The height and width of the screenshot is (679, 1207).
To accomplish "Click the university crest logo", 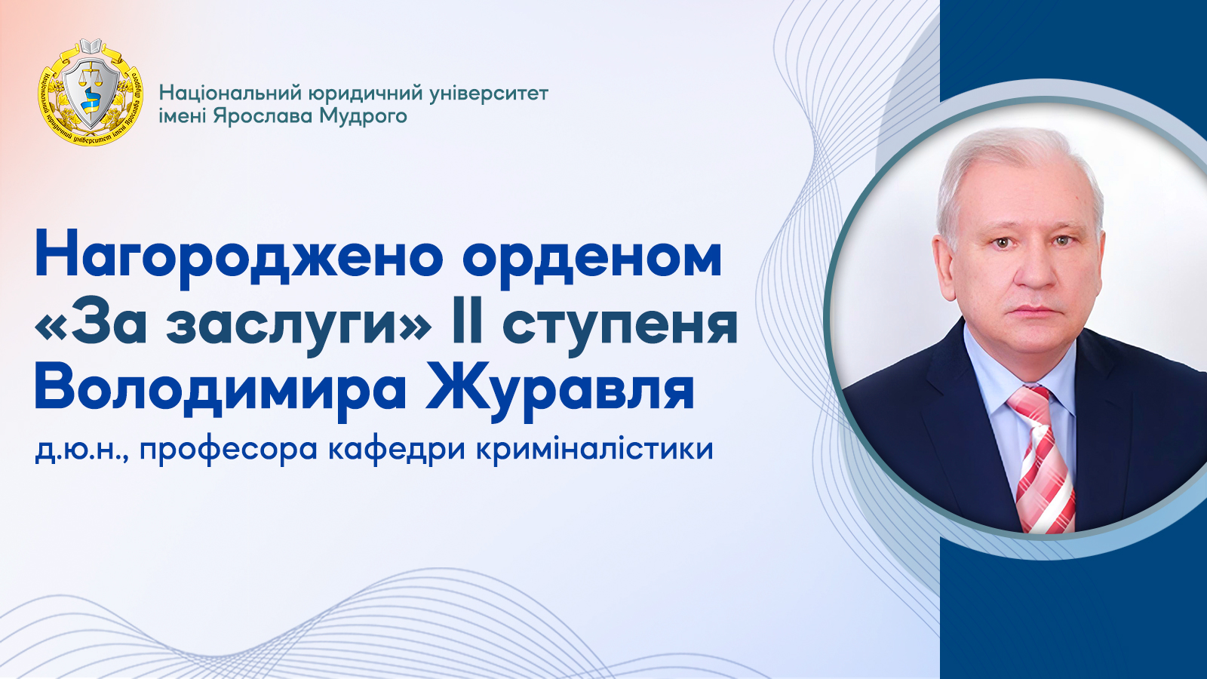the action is (x=91, y=91).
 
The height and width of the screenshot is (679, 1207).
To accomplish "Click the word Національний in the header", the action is (x=230, y=94).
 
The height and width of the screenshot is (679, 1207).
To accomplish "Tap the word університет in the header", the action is (x=489, y=94).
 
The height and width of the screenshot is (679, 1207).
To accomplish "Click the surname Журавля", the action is (x=560, y=389).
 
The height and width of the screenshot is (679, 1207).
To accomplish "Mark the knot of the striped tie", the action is (x=1028, y=401).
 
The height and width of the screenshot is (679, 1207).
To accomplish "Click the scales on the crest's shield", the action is (x=91, y=75).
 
